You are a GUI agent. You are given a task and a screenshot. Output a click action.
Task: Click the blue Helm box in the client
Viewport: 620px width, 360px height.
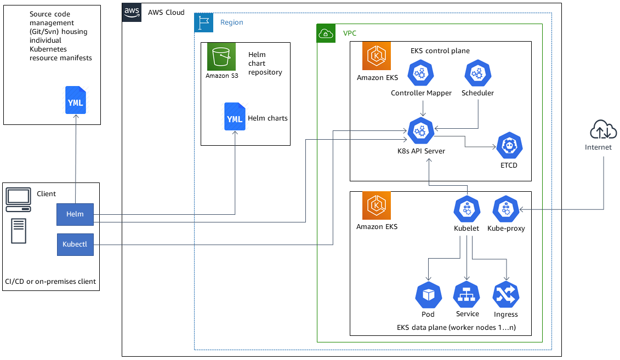75,214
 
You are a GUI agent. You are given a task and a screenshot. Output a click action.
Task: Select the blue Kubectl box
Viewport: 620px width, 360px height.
75,244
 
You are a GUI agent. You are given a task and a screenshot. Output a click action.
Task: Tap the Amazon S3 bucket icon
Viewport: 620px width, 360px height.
221,56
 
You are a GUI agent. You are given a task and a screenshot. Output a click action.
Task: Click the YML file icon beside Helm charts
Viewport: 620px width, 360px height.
235,117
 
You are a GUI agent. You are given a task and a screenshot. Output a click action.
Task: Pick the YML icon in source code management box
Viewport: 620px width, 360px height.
76,100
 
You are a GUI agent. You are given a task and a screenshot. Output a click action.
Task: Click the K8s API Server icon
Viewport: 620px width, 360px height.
420,131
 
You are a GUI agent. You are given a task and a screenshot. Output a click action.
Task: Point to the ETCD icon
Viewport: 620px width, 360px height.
509,146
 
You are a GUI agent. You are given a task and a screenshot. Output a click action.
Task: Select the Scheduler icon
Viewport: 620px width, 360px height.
477,73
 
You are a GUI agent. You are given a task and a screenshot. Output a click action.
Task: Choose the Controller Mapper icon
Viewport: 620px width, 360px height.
421,73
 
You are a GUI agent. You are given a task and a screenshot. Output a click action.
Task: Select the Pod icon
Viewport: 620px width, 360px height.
428,295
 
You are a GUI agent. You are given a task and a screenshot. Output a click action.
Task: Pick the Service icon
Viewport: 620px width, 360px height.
467,295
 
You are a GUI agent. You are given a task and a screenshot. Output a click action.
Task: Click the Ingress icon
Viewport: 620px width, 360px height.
505,295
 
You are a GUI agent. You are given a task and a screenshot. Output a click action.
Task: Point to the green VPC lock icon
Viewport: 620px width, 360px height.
327,33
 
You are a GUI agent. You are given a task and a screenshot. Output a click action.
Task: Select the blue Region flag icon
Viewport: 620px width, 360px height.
204,22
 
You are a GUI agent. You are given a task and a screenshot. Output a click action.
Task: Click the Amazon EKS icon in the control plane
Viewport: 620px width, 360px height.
377,56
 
